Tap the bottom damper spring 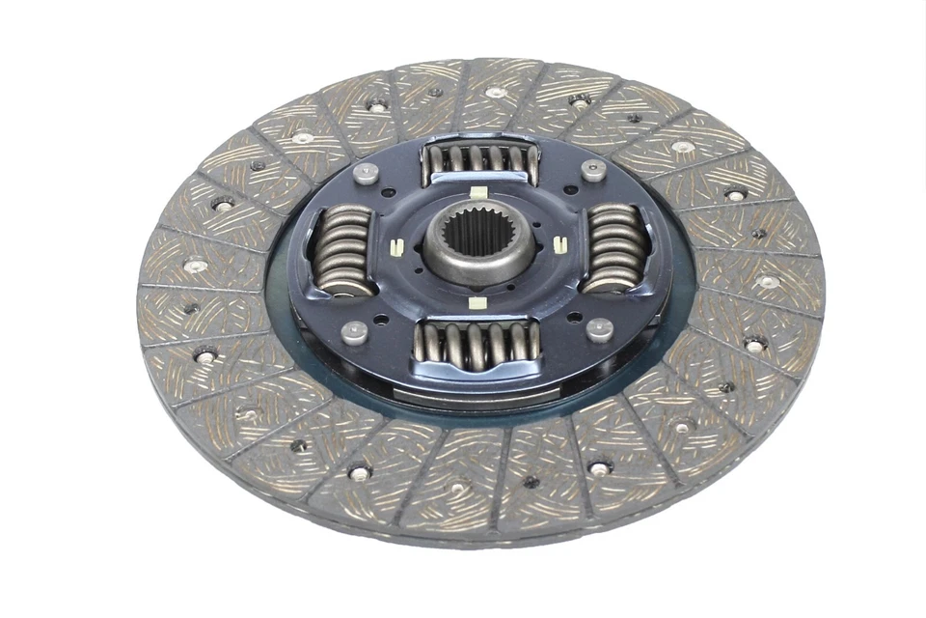click(x=475, y=343)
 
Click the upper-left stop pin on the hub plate click(x=365, y=174)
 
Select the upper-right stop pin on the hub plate click(x=593, y=170)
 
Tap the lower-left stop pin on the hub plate click(x=354, y=332)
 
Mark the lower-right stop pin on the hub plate click(x=600, y=329)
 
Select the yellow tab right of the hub click(x=558, y=245)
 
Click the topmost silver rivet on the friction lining click(x=495, y=93)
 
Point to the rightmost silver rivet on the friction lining click(x=769, y=282)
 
